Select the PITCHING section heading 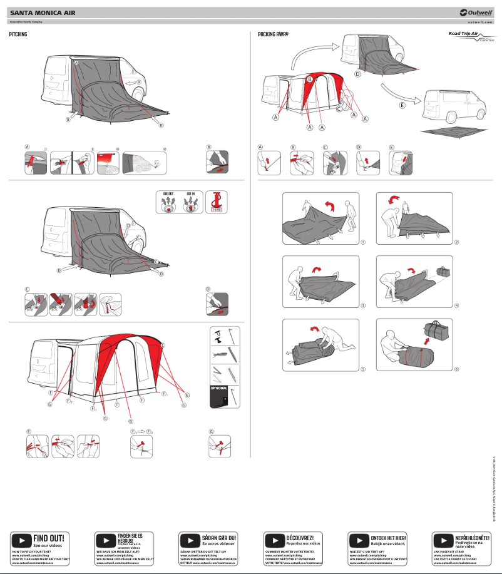pos(18,35)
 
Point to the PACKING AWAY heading pos(273,35)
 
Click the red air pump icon pos(218,202)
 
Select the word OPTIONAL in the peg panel pos(218,388)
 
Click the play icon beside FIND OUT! pos(21,522)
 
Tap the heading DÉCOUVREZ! pos(299,520)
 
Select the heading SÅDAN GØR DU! pos(218,520)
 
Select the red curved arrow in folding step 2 pos(394,200)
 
